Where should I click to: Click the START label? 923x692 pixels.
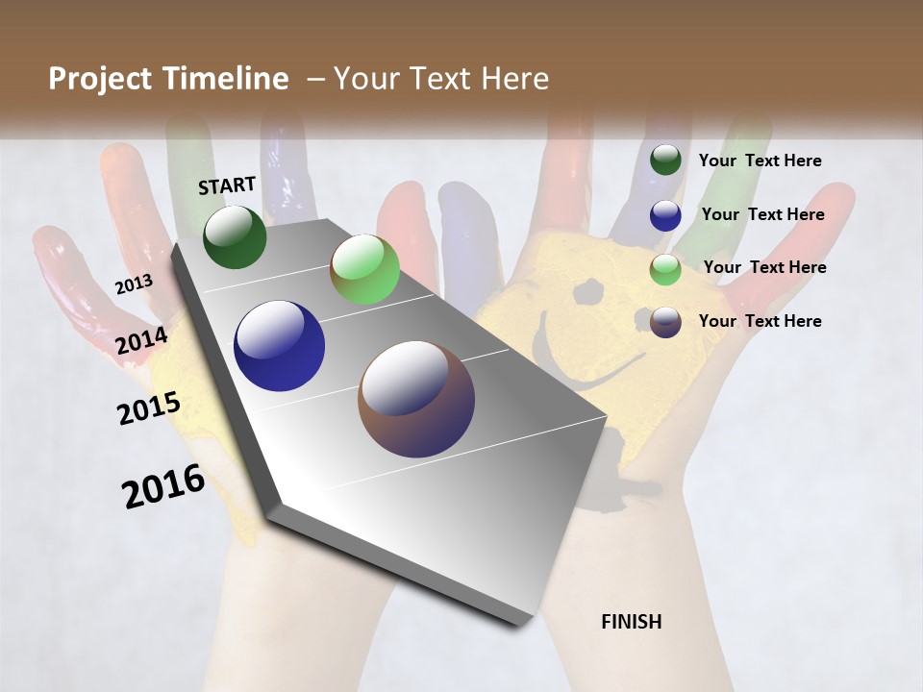click(227, 185)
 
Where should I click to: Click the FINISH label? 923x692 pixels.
click(631, 622)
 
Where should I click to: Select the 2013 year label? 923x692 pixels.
click(134, 284)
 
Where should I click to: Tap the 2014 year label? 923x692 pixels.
click(141, 341)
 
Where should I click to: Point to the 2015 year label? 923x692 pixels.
click(149, 408)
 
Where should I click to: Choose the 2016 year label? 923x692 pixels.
click(163, 485)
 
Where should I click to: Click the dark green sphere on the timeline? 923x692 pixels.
click(235, 236)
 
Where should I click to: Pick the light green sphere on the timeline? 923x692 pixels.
click(364, 270)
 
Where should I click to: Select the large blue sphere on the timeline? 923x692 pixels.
click(279, 346)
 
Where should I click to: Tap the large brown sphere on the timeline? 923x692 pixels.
click(416, 399)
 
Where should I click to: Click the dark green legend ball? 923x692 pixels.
click(665, 160)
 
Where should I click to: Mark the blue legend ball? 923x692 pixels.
click(665, 215)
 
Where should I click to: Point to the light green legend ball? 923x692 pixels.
click(665, 269)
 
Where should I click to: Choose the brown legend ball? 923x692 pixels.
click(665, 322)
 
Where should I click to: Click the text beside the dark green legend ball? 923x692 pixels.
click(760, 161)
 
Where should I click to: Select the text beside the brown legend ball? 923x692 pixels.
click(760, 321)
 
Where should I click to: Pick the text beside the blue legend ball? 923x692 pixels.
click(762, 214)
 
